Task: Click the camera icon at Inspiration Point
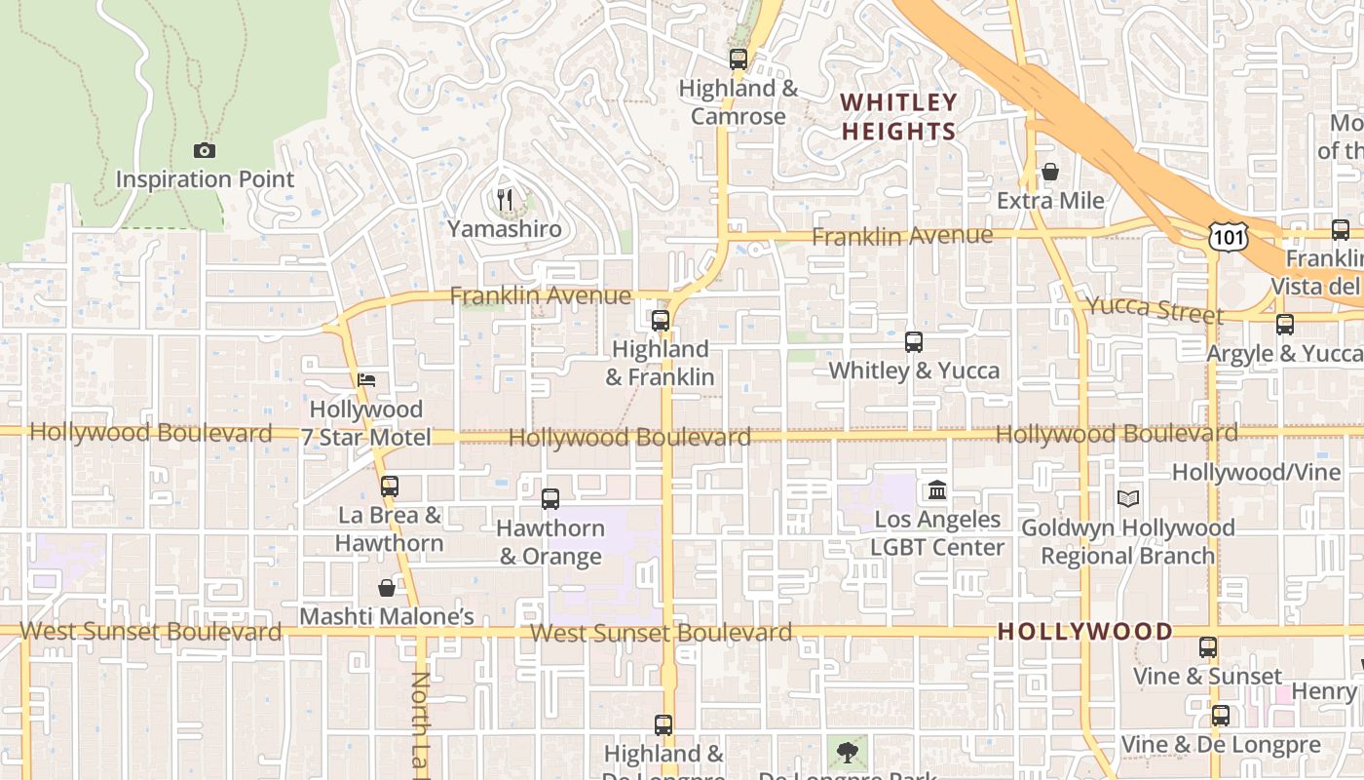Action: click(x=204, y=150)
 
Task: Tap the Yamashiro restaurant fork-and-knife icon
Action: click(x=505, y=200)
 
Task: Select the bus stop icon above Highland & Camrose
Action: click(x=738, y=58)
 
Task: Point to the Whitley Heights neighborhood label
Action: click(x=898, y=116)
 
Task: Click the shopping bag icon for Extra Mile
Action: click(x=1050, y=173)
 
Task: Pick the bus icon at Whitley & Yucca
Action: click(x=913, y=341)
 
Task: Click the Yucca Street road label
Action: click(x=1154, y=309)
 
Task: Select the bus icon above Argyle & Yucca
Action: click(x=1284, y=325)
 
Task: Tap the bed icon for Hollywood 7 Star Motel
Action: click(x=366, y=379)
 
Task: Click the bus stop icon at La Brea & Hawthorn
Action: click(x=390, y=486)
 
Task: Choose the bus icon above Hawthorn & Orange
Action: click(x=550, y=498)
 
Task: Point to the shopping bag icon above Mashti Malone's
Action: click(x=387, y=587)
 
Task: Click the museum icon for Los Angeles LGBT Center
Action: click(x=937, y=489)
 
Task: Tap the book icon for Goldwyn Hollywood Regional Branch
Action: click(x=1127, y=498)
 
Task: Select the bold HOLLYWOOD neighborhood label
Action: click(x=1085, y=632)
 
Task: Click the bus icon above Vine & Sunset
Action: click(x=1208, y=646)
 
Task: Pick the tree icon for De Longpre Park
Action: click(x=848, y=751)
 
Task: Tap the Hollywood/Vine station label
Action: click(x=1256, y=472)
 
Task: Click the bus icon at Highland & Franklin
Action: click(x=661, y=320)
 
